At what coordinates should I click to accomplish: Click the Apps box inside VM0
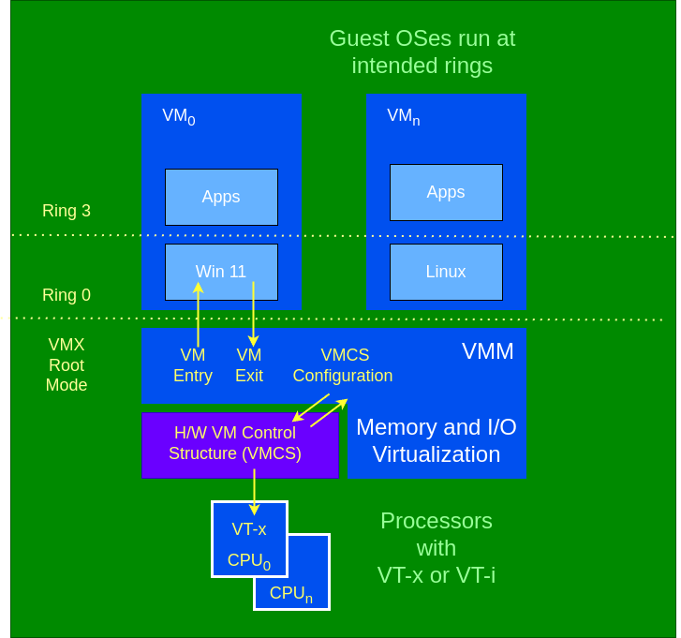(221, 197)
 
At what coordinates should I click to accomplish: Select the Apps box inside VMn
(446, 192)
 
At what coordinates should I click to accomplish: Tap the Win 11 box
(221, 272)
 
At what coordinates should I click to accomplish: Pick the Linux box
(446, 272)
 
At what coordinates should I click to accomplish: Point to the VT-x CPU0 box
(249, 539)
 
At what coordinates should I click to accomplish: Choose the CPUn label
(291, 594)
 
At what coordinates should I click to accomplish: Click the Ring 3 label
(67, 211)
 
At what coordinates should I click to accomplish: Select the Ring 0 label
(67, 295)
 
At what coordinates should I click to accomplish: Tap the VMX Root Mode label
(67, 364)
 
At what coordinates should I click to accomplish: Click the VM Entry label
(193, 365)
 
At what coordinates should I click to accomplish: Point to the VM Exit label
(249, 365)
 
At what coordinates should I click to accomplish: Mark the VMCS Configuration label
(343, 365)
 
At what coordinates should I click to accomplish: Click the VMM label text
(488, 351)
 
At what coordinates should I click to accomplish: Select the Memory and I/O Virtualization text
(437, 440)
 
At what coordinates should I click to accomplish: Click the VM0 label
(178, 116)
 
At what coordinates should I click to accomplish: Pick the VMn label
(403, 116)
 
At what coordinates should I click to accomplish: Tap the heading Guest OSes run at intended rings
(422, 52)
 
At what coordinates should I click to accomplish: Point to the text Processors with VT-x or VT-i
(437, 548)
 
